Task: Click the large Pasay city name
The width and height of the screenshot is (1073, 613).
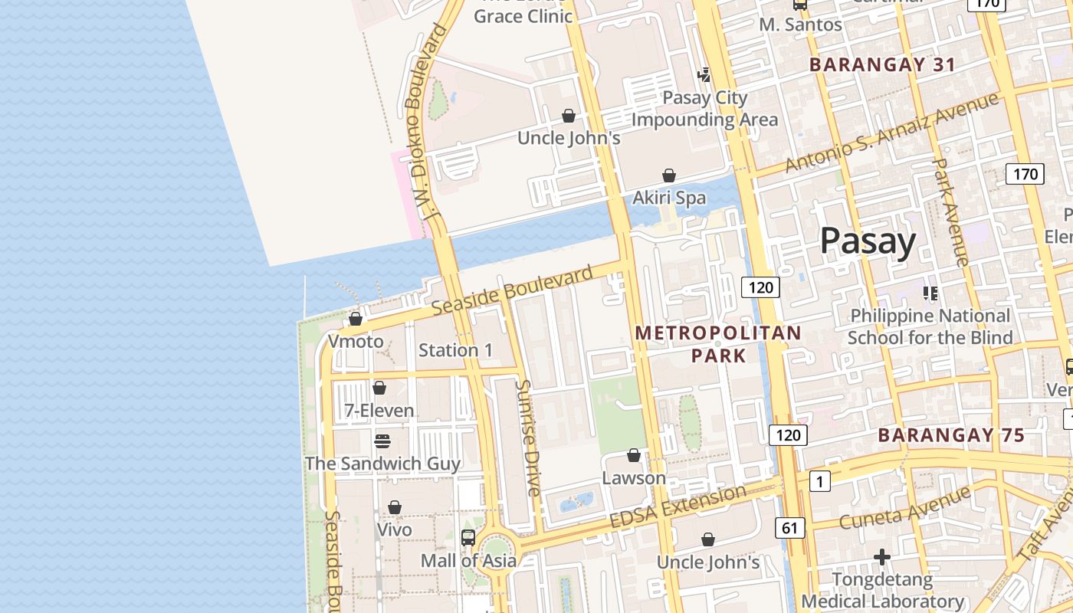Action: click(868, 241)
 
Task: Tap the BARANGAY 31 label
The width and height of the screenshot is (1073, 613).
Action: click(882, 65)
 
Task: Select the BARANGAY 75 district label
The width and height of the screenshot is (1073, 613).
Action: click(950, 435)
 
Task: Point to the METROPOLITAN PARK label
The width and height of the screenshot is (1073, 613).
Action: click(718, 344)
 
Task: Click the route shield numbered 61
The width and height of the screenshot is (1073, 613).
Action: click(790, 527)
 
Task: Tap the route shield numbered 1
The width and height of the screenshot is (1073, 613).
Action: click(819, 481)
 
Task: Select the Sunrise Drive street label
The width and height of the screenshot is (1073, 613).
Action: click(529, 438)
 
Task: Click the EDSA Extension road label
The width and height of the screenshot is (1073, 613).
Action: click(678, 506)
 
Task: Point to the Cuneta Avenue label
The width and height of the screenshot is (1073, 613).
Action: click(904, 507)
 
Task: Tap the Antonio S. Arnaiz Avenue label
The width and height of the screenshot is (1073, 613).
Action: click(892, 133)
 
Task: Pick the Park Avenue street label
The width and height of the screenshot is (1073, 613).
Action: click(950, 211)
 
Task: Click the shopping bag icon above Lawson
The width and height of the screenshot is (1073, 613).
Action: click(634, 455)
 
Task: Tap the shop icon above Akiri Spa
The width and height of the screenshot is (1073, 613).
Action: click(669, 175)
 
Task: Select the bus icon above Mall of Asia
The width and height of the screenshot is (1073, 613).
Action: click(468, 537)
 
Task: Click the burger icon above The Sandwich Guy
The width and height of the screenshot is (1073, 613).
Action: click(382, 441)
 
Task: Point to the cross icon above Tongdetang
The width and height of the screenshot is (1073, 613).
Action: click(882, 556)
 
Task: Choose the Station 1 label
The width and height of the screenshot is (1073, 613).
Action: click(456, 350)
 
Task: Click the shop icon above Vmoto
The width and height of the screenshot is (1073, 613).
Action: click(356, 319)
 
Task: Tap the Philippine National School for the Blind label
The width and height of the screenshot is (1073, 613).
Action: click(930, 326)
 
